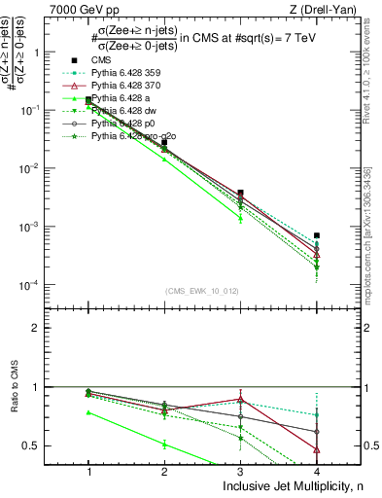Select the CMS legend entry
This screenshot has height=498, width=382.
coord(116,60)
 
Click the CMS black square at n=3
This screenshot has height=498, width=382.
coord(240,193)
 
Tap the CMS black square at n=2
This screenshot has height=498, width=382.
coord(164,142)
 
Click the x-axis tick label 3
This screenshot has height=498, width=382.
coord(240,470)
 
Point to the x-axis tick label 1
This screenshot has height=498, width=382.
coord(88,470)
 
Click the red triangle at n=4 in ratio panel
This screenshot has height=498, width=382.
coord(317,449)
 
